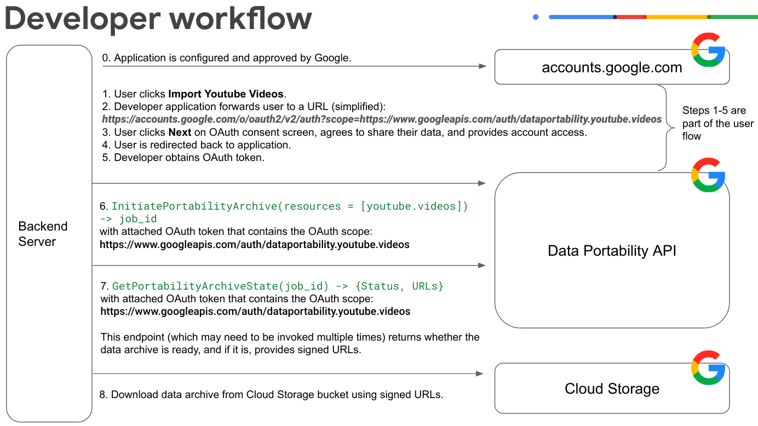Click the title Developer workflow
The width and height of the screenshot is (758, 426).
[158, 19]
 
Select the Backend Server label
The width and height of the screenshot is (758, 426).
[43, 234]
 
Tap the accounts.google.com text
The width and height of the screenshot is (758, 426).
[612, 67]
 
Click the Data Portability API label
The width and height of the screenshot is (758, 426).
[612, 251]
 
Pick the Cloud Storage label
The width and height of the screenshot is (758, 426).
[612, 389]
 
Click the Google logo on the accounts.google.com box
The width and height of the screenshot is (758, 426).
[708, 50]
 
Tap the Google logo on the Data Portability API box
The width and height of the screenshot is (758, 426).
[708, 175]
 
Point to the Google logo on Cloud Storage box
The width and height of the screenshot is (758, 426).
[708, 368]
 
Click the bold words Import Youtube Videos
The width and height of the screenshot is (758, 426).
[227, 94]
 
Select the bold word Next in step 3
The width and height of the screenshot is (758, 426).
[180, 133]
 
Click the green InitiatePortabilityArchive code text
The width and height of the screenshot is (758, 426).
[290, 206]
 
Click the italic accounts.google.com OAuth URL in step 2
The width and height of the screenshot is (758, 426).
[382, 119]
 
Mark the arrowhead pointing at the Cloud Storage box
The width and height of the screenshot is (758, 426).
[480, 373]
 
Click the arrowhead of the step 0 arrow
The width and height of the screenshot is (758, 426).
[483, 66]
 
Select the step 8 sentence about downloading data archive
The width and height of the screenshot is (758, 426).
[271, 394]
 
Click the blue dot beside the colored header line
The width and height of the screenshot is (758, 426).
[536, 17]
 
